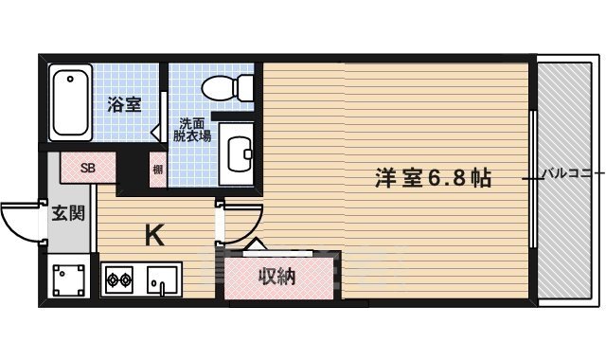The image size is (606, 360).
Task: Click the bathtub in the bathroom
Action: pyautogui.click(x=72, y=103)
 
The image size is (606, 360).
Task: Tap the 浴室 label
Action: pyautogui.click(x=124, y=104)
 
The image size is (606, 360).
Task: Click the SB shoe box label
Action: pyautogui.click(x=87, y=169)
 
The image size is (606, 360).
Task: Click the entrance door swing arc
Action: pyautogui.click(x=21, y=225)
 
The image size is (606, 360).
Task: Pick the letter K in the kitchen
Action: pyautogui.click(x=154, y=233)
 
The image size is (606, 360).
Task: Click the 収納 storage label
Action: pyautogui.click(x=278, y=277)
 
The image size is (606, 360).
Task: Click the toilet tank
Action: pyautogui.click(x=244, y=88)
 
